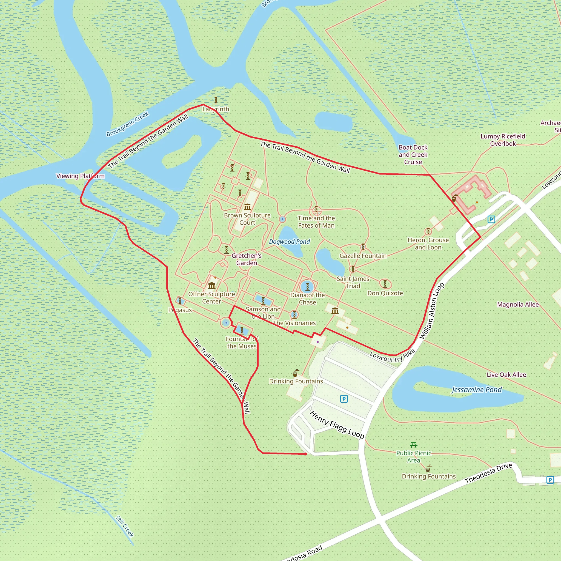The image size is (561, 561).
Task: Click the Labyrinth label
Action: point(216,109)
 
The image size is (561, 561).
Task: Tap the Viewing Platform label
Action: point(81,176)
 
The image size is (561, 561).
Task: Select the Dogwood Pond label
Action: point(289,242)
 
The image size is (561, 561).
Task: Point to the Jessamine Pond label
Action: point(477,390)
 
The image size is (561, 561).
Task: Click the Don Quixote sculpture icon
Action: point(385,283)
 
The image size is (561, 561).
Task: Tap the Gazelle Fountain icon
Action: point(363,247)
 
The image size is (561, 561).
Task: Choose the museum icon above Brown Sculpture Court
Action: point(247,207)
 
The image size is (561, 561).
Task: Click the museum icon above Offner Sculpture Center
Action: point(212,286)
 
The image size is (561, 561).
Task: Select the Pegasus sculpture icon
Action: point(180,301)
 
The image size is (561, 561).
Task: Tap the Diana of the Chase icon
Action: point(308,287)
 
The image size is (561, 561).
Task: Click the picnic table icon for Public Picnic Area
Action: point(413,445)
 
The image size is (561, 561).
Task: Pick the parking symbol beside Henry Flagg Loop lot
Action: point(344,399)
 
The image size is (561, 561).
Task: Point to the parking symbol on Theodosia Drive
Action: point(550,480)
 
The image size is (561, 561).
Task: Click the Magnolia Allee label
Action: point(518,305)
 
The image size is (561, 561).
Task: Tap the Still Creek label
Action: point(125,526)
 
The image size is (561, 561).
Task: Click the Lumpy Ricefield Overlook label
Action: point(503,140)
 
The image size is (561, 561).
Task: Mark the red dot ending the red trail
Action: point(305,454)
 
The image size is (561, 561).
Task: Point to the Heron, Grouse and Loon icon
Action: point(428,231)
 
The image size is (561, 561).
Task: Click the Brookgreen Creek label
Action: point(127,124)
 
